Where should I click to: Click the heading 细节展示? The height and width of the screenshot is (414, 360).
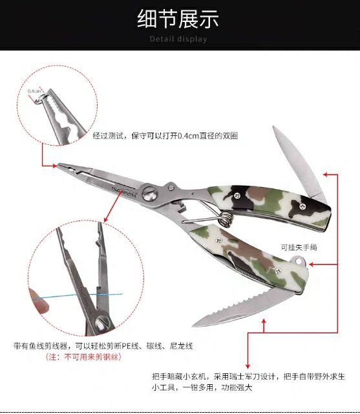coord(179,19)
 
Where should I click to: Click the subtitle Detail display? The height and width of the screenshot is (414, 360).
coord(179,39)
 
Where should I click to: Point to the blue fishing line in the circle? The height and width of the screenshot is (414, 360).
coord(65,296)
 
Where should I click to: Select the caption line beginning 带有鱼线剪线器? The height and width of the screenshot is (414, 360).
coord(103,345)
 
